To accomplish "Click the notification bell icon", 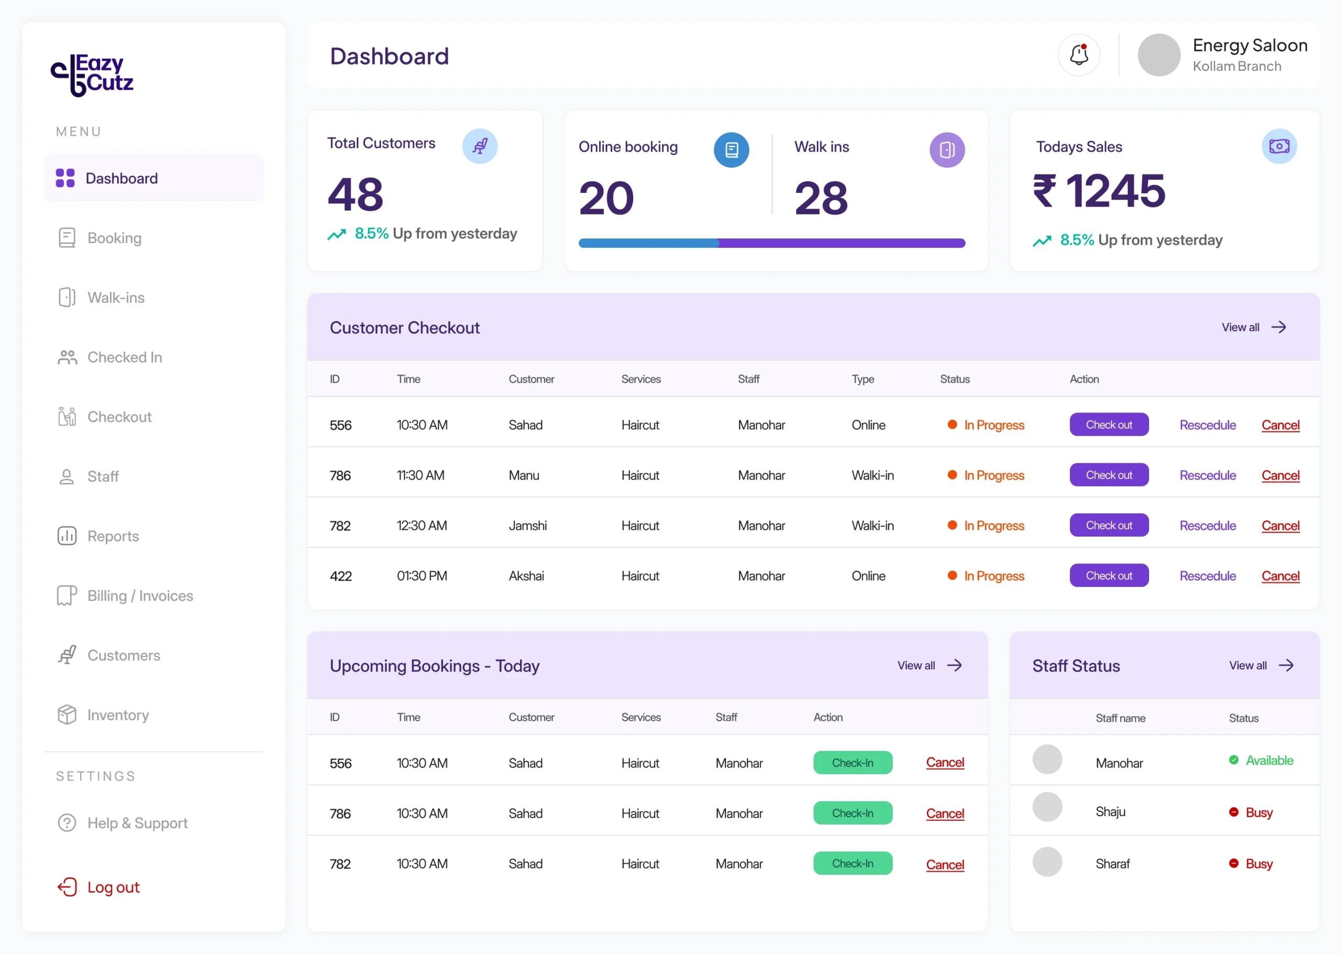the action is point(1079,55).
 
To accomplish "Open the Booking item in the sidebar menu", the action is point(100,238).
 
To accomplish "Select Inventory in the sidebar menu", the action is point(103,715).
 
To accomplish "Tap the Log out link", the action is point(99,887).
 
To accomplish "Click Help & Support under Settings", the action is point(123,823).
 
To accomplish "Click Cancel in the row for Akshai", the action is point(1280,576).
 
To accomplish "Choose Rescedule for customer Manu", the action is point(1207,475).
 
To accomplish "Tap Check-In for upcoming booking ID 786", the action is point(853,813).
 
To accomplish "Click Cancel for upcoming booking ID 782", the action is point(945,865).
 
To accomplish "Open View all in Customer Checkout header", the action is point(1254,327).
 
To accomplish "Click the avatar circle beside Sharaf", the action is point(1047,862).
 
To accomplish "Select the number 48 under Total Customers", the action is point(355,194).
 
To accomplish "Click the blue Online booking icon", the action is point(731,150).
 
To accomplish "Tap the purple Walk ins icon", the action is point(947,150).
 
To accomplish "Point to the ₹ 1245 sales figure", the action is point(1099,191).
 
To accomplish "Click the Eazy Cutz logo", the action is point(92,75).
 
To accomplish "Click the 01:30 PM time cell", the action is point(421,576).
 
